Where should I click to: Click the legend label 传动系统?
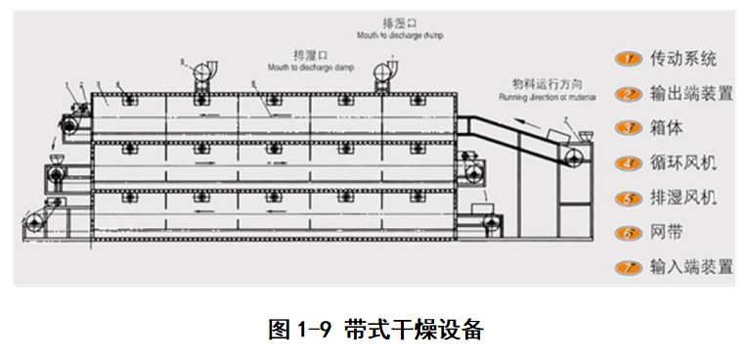click(x=682, y=60)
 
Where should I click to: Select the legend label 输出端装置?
click(x=690, y=94)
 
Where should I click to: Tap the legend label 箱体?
click(x=666, y=128)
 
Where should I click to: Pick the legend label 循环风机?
click(x=682, y=162)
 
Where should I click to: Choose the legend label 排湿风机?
click(x=682, y=198)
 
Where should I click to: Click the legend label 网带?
click(x=666, y=232)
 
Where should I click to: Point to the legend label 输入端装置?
click(x=690, y=266)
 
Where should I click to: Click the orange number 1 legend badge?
click(x=626, y=60)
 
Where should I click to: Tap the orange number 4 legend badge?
click(x=626, y=162)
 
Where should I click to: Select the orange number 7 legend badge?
click(x=626, y=266)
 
